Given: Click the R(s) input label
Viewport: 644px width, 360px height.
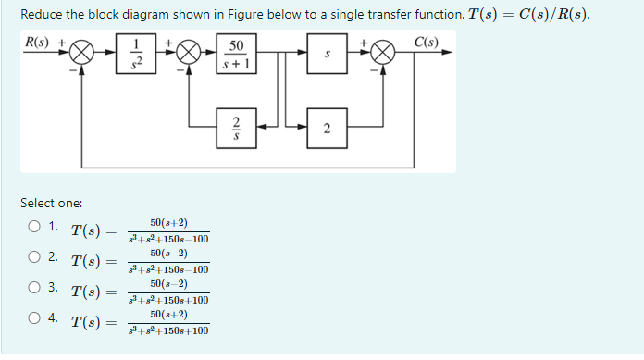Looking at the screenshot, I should (38, 42).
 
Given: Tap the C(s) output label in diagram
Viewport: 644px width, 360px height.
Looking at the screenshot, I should (427, 42).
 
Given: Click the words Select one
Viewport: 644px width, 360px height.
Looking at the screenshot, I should (51, 202).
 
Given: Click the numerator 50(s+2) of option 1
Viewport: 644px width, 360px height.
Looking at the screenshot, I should (168, 223).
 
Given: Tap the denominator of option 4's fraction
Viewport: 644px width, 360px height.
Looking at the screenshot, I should (168, 330).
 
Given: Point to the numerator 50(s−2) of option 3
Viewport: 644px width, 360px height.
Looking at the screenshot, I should (168, 283).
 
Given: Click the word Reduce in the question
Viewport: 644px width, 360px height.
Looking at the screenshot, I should (42, 15).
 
